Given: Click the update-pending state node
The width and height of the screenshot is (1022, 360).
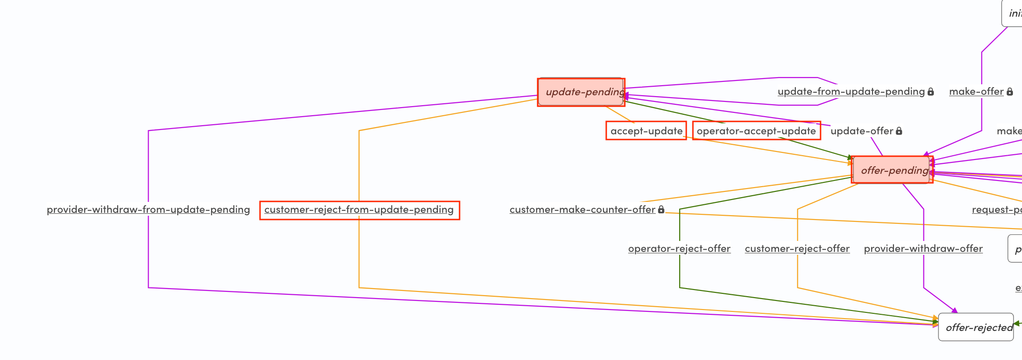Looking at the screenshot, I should [x=581, y=92].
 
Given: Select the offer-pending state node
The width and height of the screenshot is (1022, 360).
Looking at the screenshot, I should [x=892, y=170].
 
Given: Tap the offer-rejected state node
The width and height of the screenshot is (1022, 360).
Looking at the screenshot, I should [x=976, y=327].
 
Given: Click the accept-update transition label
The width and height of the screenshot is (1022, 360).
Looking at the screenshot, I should [x=646, y=131].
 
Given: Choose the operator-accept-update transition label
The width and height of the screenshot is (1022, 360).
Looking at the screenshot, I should [x=756, y=131].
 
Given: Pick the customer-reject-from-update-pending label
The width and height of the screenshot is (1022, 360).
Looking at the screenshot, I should [x=359, y=210].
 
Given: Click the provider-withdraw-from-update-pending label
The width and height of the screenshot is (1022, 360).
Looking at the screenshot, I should [x=148, y=210].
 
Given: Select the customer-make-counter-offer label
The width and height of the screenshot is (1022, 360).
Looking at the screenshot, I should [x=582, y=210].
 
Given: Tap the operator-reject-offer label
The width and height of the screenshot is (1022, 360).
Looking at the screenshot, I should [x=679, y=249].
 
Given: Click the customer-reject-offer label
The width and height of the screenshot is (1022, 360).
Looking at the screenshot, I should [x=797, y=249].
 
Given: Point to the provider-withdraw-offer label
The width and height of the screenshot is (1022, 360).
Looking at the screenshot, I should [x=923, y=249].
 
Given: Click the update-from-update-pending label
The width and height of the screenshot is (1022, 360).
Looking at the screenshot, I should [x=851, y=91].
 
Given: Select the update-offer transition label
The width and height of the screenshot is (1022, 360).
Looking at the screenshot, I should [x=862, y=131].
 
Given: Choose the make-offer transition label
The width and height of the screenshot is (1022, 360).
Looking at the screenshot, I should [x=976, y=91].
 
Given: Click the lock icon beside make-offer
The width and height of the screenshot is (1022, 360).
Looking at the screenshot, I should [x=1010, y=91].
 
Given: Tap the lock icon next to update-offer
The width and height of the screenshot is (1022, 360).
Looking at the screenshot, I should [x=899, y=131].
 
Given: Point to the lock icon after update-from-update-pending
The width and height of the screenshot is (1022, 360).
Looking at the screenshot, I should [x=931, y=91].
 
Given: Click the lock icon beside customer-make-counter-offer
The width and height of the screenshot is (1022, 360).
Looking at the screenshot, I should [x=661, y=210].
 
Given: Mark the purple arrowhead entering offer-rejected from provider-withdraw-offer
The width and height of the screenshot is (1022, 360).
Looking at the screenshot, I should [x=954, y=311].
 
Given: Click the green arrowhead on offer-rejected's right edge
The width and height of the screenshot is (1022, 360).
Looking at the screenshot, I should [x=1016, y=323].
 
